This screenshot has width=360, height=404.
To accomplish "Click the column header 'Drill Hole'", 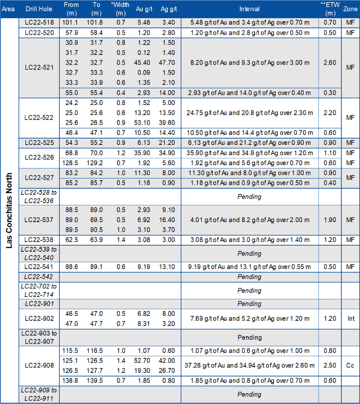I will point(38,9).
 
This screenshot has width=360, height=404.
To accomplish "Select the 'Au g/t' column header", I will point(144,9).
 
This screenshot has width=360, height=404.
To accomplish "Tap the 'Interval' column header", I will point(249,9).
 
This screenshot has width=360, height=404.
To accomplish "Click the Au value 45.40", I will point(144,63).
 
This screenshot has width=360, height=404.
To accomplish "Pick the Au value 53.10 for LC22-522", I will point(144,122).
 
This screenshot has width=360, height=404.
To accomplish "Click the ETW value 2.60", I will point(330,63).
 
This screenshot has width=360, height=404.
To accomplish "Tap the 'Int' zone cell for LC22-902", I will point(350,318).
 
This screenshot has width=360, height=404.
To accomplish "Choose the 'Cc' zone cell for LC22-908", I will point(350,365).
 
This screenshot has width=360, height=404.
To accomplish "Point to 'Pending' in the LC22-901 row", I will point(249,304).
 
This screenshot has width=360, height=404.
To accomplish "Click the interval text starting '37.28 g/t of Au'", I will point(249,366).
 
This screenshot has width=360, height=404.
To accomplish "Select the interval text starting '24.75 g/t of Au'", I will point(249,113).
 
